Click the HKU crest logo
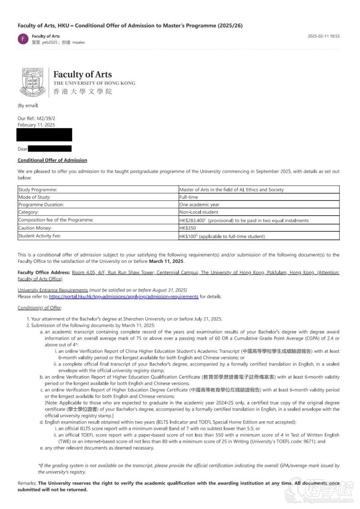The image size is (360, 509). pyautogui.click(x=32, y=82)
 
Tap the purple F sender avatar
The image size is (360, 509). pyautogui.click(x=22, y=39)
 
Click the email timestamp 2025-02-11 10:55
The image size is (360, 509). pyautogui.click(x=324, y=36)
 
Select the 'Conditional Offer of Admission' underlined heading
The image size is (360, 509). pyautogui.click(x=52, y=160)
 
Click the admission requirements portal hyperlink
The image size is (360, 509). pyautogui.click(x=123, y=297)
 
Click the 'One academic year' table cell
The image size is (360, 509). pyautogui.click(x=199, y=205)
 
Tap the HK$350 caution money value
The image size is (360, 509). pyautogui.click(x=187, y=228)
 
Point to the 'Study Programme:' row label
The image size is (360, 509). pyautogui.click(x=37, y=190)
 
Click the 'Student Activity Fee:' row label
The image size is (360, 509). pyautogui.click(x=39, y=236)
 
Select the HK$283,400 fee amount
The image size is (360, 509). pyautogui.click(x=192, y=221)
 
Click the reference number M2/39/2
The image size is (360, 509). pyautogui.click(x=46, y=118)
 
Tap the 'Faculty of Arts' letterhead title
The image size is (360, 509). pyautogui.click(x=82, y=75)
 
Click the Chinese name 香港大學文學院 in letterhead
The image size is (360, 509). pyautogui.click(x=82, y=92)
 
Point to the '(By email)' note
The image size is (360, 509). pyautogui.click(x=27, y=105)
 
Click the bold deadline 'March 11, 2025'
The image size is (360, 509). pyautogui.click(x=166, y=261)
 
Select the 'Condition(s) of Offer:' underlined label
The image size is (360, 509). pyautogui.click(x=40, y=308)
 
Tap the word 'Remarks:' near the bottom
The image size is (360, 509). pyautogui.click(x=27, y=483)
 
